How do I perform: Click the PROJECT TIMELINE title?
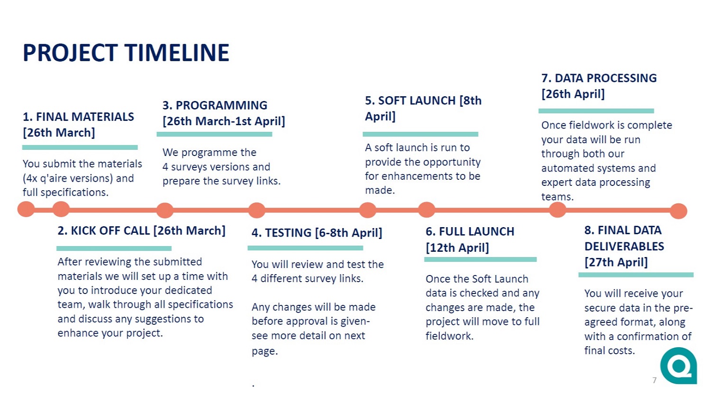coord(126,53)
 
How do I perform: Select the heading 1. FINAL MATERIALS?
coord(78,124)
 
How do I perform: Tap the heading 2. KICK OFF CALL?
coord(142,230)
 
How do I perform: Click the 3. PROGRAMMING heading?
coord(224,113)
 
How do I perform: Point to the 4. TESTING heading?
coord(317,233)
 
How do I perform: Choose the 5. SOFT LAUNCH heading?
coord(423,108)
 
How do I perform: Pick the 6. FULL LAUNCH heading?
coord(470,239)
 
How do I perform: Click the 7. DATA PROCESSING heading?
coord(599,86)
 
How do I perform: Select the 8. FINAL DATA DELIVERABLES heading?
coord(624,246)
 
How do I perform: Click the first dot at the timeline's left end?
coord(26,209)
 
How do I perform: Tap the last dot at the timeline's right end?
coord(679,211)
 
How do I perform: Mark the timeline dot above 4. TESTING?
coord(257,210)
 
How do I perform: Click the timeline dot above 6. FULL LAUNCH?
coord(426,210)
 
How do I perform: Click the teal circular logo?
coord(679,366)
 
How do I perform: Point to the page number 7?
coord(654,380)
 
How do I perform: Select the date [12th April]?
coord(457,248)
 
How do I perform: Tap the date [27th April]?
coord(616,262)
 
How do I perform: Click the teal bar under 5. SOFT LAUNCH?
coord(420,134)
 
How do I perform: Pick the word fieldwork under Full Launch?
coord(449,336)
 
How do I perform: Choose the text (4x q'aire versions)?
coord(68,178)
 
